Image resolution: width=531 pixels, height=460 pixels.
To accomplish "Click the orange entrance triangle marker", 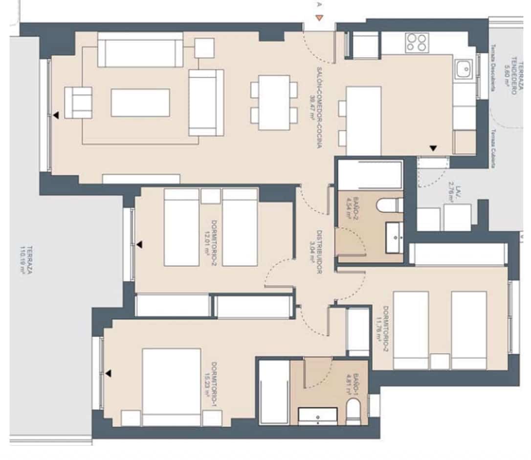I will pos(319,19).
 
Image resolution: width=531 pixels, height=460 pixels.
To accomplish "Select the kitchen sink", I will pos(463,69).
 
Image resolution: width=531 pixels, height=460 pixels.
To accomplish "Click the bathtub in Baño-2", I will pos(370,175).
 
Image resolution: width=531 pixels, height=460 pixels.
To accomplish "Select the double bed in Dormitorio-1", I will pos(171,387).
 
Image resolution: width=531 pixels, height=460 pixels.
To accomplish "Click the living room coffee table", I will pos(140,103).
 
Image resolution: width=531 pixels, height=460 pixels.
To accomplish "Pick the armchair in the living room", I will pos(78,102).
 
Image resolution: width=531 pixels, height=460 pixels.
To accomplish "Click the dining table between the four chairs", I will pos(274,102).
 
